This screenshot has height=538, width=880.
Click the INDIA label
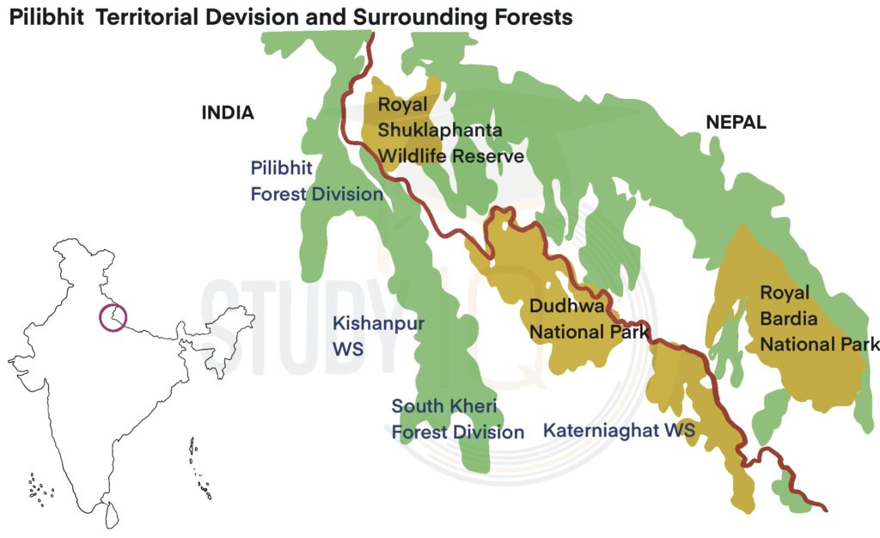point(228,113)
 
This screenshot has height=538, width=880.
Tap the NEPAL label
point(736,122)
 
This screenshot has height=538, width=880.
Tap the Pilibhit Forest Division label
point(316,180)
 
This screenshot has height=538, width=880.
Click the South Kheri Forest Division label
point(457,419)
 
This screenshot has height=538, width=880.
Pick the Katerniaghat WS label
point(619,429)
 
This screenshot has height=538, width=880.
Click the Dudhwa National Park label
point(588,318)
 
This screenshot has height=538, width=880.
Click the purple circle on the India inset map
point(113,317)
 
